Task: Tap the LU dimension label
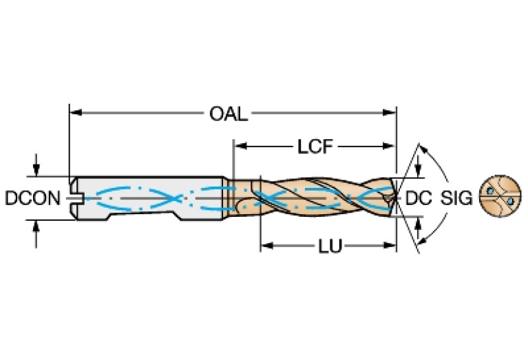[331, 246]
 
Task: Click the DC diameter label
[418, 198]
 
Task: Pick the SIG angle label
[456, 198]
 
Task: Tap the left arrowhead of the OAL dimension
[74, 113]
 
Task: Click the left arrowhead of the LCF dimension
[240, 146]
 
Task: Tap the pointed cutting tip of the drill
[394, 198]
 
